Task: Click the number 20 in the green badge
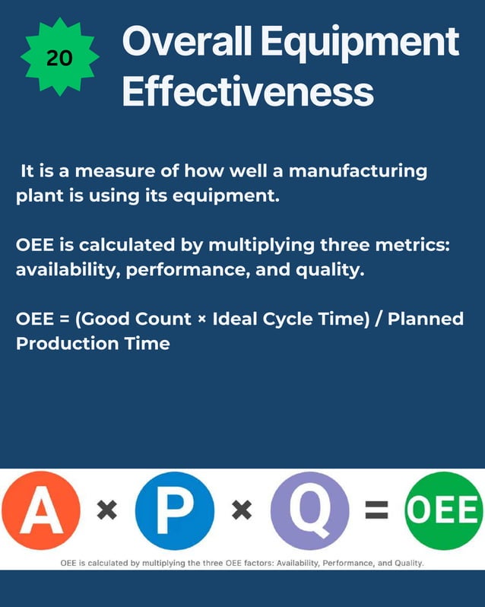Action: (x=59, y=59)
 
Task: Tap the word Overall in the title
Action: (x=186, y=43)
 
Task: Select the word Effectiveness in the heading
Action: (x=248, y=92)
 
